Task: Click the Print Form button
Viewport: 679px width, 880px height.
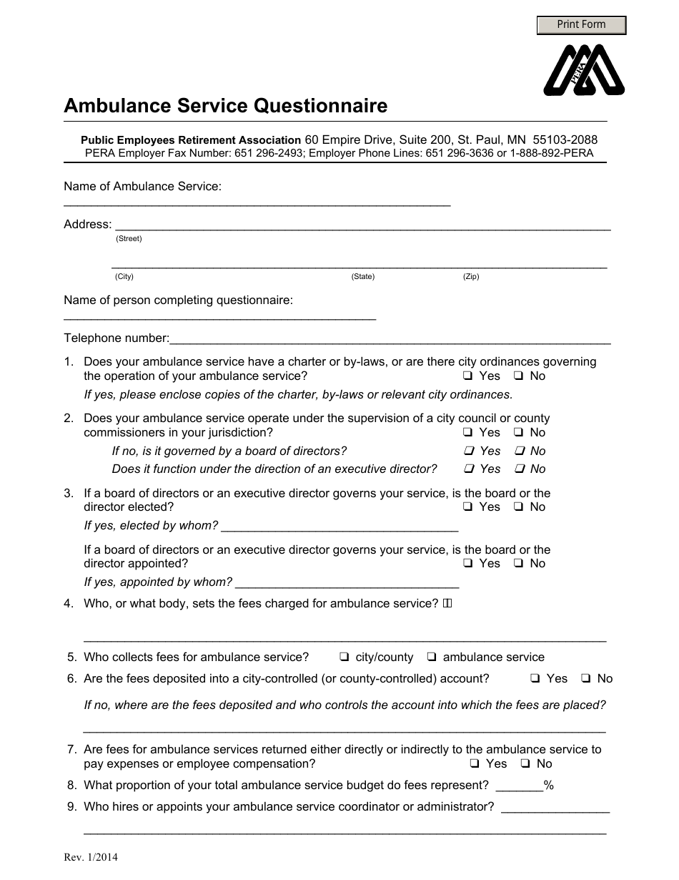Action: coord(581,25)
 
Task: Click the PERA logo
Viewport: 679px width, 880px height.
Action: coord(584,70)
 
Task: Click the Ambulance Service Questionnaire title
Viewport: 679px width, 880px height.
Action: coord(225,106)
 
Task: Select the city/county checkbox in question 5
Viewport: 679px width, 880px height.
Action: coord(344,657)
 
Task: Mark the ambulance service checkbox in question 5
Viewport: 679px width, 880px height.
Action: coord(432,657)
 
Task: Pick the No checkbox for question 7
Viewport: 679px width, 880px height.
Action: coord(525,764)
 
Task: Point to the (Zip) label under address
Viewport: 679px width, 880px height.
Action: coord(471,277)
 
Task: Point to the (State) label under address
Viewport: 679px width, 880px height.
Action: coord(362,277)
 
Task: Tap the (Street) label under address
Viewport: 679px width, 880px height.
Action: coord(129,239)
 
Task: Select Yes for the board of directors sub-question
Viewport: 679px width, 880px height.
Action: coord(469,451)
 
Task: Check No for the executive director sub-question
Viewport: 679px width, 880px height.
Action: coord(520,469)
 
